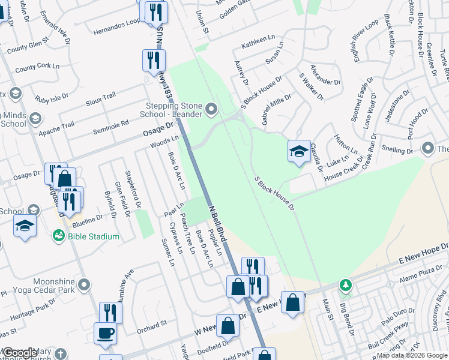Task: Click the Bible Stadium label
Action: [94, 236]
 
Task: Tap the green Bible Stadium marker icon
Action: [59, 236]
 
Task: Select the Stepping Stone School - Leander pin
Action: [211, 109]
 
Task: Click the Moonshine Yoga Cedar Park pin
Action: [84, 284]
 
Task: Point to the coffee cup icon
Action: [105, 333]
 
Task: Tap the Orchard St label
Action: [151, 325]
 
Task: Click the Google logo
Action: [20, 353]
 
